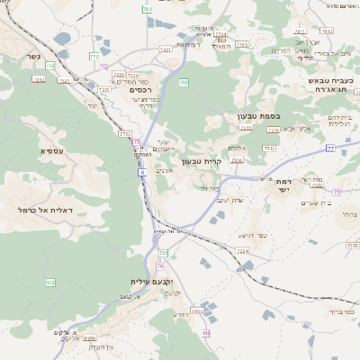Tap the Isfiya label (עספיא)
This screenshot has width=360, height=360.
point(50,150)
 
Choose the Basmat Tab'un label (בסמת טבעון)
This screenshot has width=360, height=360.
point(238,117)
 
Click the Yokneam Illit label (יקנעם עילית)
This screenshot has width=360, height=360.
point(144,282)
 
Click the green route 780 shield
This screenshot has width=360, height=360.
point(147,9)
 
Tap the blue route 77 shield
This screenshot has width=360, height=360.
point(330,148)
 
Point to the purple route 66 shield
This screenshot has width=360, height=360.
point(205,333)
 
